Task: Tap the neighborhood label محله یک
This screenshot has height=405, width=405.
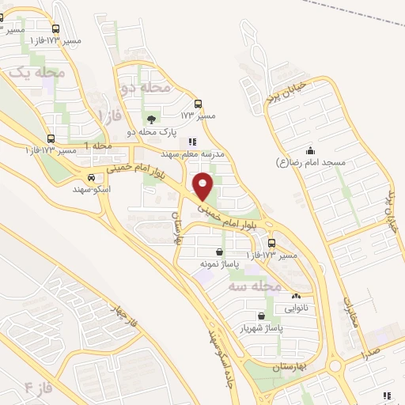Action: pos(35,72)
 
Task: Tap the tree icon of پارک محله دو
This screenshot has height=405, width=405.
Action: pos(151,119)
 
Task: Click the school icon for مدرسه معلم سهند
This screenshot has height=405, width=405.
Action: pos(190,142)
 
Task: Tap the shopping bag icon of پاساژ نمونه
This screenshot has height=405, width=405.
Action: pos(219,252)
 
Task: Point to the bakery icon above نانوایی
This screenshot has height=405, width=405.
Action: pos(296,295)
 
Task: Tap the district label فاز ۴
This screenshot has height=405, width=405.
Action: pos(38,387)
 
